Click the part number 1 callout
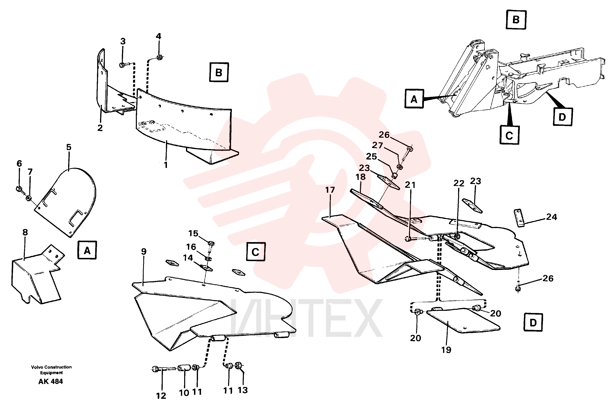165,165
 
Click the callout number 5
69,147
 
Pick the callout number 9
143,251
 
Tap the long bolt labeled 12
164,369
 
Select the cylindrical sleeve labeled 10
185,368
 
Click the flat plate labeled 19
463,320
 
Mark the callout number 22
459,183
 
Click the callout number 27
377,145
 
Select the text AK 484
50,382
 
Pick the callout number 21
410,185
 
